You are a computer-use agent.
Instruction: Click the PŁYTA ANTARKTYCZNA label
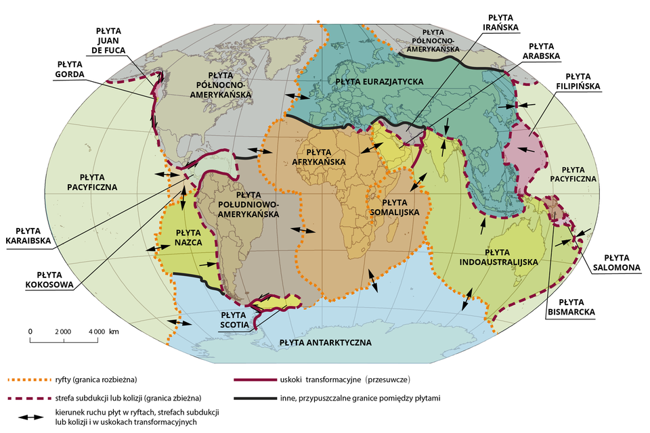(x=326, y=343)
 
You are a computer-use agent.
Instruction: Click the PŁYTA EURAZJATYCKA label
(x=379, y=81)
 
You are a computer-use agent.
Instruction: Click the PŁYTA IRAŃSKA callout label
(x=502, y=22)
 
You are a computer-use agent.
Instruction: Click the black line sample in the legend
(x=254, y=398)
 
